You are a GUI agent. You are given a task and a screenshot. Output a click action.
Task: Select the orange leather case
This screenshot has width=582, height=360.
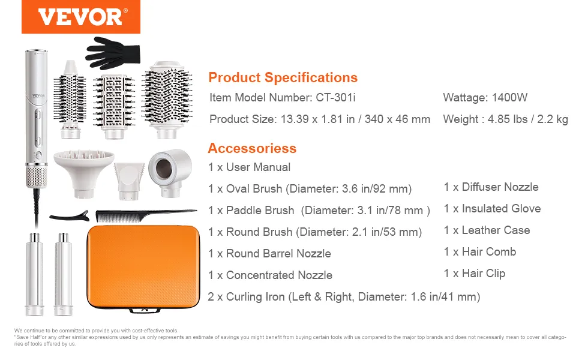[x=143, y=267]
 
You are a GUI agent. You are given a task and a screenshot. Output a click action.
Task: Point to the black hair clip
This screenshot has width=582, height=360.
[x=70, y=216]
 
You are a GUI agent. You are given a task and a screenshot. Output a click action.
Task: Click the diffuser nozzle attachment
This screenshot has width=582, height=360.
[x=84, y=172]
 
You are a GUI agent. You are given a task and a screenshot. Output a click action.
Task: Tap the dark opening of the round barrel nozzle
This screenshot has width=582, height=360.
[x=164, y=168]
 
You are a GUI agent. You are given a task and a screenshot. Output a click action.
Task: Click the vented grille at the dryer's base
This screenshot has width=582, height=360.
[x=37, y=176]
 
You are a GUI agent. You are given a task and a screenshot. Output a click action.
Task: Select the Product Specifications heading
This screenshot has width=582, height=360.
[x=283, y=77]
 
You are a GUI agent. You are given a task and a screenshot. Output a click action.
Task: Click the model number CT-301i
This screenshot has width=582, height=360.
[x=335, y=98]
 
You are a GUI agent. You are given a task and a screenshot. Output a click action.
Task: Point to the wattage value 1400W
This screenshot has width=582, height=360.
[x=509, y=98]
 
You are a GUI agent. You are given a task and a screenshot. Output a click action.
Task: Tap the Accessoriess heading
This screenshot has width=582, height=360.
[x=252, y=148]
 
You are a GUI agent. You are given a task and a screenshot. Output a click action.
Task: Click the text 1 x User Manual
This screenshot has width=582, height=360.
[x=249, y=167]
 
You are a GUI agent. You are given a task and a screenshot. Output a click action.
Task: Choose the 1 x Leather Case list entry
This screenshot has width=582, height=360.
[x=487, y=230]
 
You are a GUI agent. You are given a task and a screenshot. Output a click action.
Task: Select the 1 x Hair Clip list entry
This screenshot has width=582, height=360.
[x=475, y=274]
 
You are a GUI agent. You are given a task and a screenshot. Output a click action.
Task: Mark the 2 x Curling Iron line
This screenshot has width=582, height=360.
[x=344, y=297]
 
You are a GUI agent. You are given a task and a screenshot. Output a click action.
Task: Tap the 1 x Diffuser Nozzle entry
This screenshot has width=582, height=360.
[x=491, y=187]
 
